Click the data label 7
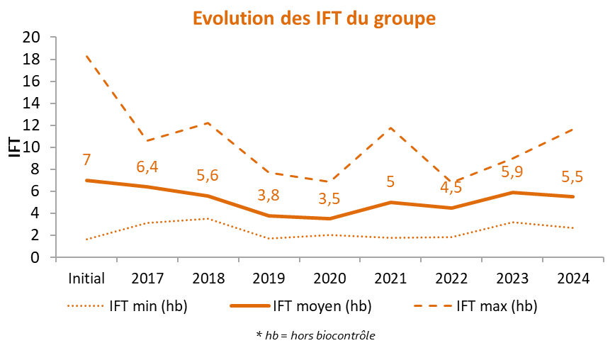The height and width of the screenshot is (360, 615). (87, 160)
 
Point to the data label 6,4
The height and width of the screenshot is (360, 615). (147, 167)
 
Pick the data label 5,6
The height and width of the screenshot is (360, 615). (208, 176)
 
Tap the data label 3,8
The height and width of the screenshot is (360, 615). (269, 195)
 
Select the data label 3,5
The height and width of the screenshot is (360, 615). (329, 198)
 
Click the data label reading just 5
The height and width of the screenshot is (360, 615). (390, 181)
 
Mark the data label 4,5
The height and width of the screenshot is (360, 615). (451, 188)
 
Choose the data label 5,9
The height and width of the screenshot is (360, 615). (512, 172)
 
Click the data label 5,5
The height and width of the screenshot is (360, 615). (572, 176)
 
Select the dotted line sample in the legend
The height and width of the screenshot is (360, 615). (86, 306)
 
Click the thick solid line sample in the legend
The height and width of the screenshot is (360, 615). (250, 305)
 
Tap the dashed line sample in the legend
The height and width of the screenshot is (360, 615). (433, 306)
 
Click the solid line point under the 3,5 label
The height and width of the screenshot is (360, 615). (329, 218)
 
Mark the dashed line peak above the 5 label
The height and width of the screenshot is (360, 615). (390, 128)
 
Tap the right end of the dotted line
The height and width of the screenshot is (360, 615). (572, 227)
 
